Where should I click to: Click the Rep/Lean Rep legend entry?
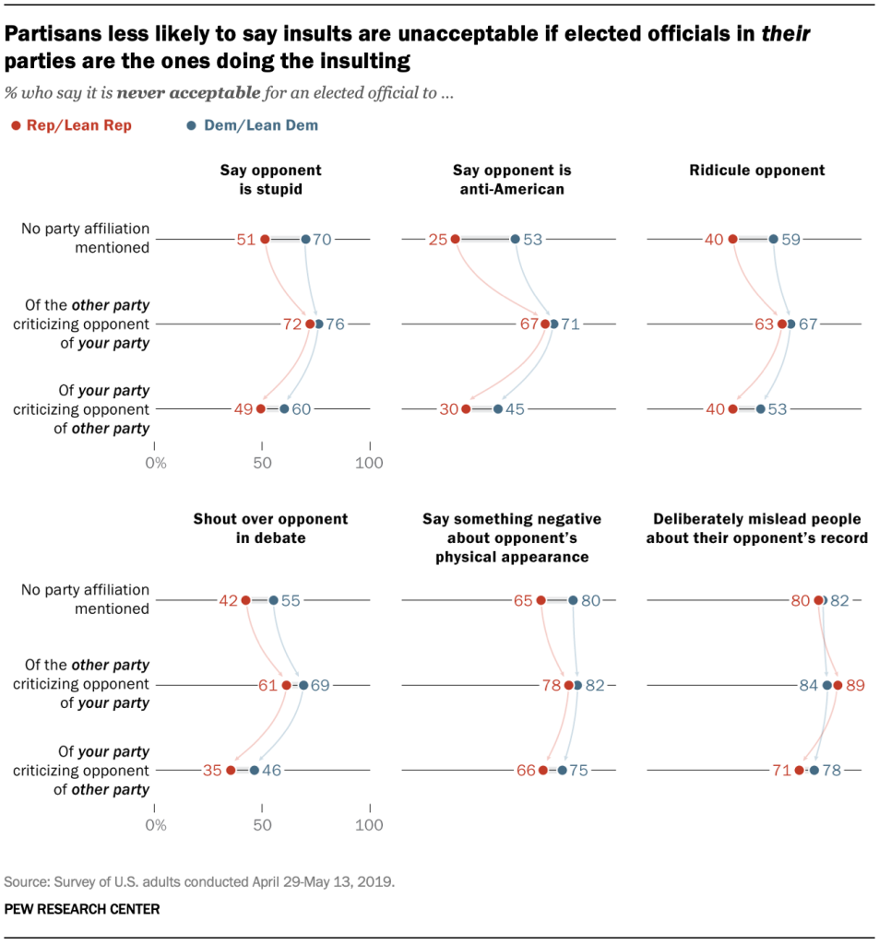tap(72, 125)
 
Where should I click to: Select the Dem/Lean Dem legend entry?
tap(249, 125)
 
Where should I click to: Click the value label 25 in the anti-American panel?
tap(437, 240)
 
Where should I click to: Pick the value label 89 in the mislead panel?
tap(856, 685)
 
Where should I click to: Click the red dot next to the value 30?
tap(466, 408)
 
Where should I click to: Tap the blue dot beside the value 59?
tap(773, 240)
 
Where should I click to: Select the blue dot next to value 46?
tap(255, 770)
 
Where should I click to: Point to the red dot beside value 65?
tap(540, 600)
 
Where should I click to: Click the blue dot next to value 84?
tap(827, 685)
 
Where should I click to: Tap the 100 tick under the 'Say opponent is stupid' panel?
tap(370, 463)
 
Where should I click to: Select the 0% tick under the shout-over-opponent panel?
tap(156, 823)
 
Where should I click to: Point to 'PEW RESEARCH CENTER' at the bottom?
tap(82, 909)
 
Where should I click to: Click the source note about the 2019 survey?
tap(199, 881)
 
